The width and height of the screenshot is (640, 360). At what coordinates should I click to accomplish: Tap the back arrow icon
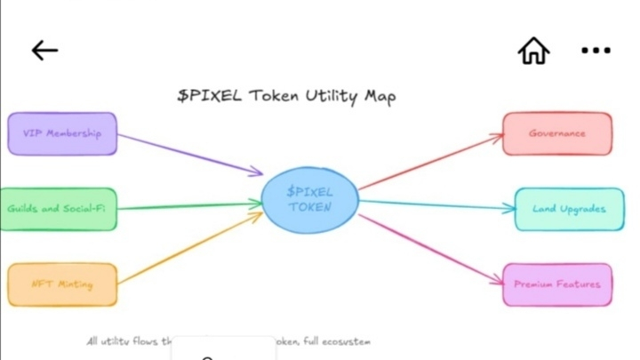tap(44, 51)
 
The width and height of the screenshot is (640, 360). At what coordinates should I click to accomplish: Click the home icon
tap(533, 51)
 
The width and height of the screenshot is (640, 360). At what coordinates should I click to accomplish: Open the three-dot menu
tap(596, 51)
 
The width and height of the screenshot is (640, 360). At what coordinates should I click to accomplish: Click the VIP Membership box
tap(62, 133)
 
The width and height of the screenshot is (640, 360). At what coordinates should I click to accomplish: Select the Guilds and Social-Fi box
tap(58, 209)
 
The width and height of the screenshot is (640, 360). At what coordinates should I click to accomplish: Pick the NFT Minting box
tap(62, 284)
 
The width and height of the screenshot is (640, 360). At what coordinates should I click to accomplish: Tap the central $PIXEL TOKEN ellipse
tap(310, 199)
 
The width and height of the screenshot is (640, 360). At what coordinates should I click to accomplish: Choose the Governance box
tap(557, 133)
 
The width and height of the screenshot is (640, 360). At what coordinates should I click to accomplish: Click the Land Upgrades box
tap(563, 210)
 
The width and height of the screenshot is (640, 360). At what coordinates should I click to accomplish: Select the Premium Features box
tap(557, 284)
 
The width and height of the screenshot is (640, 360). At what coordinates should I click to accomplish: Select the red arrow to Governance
tap(431, 163)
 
